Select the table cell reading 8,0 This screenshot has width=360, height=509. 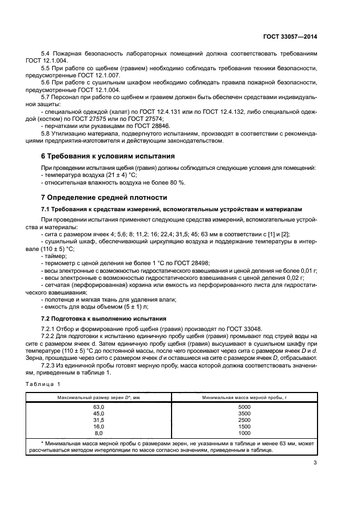(x=99, y=433)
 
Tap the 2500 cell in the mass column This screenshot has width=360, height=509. (x=244, y=420)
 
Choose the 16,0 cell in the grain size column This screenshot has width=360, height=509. (x=99, y=426)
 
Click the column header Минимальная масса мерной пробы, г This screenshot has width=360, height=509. (x=244, y=397)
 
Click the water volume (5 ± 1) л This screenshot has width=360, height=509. (x=119, y=306)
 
